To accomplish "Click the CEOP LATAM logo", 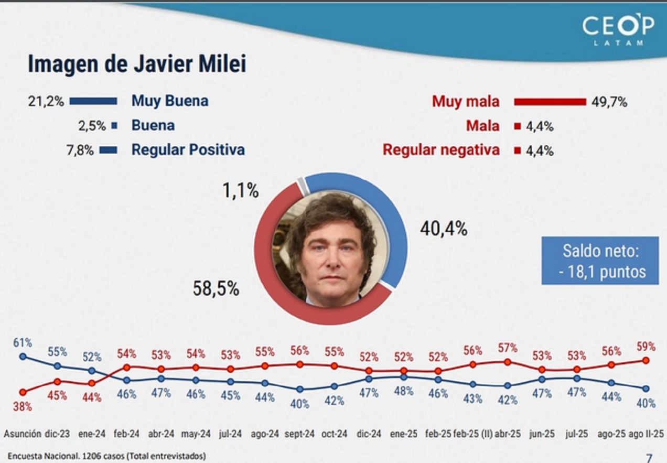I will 618,29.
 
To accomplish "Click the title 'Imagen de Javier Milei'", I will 137,64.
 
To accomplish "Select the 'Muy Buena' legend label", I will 169,101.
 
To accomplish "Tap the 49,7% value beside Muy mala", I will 609,102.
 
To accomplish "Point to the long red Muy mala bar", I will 550,102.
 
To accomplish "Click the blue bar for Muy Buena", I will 93,101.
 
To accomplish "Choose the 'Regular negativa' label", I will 441,150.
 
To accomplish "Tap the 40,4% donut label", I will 443,229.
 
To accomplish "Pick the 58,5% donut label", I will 217,288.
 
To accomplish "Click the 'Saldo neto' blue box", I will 600,261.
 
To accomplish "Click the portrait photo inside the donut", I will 331,250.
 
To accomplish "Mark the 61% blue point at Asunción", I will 23,356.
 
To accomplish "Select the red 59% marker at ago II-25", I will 646,360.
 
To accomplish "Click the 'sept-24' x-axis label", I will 299,434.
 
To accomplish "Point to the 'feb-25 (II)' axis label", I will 473,434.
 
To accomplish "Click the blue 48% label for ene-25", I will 403,391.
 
